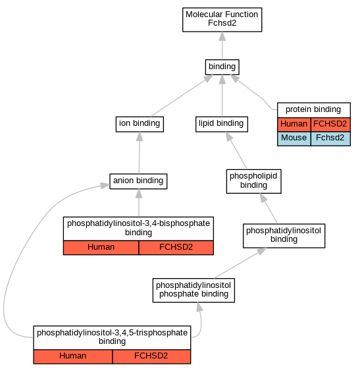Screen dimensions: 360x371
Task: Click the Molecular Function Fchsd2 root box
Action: point(222,20)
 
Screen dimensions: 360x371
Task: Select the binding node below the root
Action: point(222,67)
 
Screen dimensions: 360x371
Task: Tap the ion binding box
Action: point(140,124)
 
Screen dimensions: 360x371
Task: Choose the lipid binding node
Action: point(222,124)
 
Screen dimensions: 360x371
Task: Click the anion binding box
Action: point(138,181)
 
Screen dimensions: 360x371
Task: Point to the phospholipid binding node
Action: point(253,181)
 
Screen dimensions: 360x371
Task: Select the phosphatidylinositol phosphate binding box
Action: point(193,290)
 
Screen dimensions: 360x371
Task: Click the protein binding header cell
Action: point(314,110)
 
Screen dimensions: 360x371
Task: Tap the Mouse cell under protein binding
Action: point(294,138)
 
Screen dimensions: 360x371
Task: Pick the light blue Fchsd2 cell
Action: point(330,138)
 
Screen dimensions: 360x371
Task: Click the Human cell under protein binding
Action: point(294,125)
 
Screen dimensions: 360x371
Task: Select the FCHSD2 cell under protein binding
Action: point(330,125)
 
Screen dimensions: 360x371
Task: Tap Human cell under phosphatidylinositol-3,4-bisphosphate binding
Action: point(101,248)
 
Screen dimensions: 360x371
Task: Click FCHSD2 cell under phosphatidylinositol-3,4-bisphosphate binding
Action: point(176,248)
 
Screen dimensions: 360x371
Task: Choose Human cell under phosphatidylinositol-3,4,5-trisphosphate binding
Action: point(73,357)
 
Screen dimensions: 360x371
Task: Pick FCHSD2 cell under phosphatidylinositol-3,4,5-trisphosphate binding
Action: point(151,357)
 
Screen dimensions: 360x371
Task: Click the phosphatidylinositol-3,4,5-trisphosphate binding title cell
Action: point(112,337)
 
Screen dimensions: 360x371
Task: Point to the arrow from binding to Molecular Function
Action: point(222,45)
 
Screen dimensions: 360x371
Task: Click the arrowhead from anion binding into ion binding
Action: point(140,136)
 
